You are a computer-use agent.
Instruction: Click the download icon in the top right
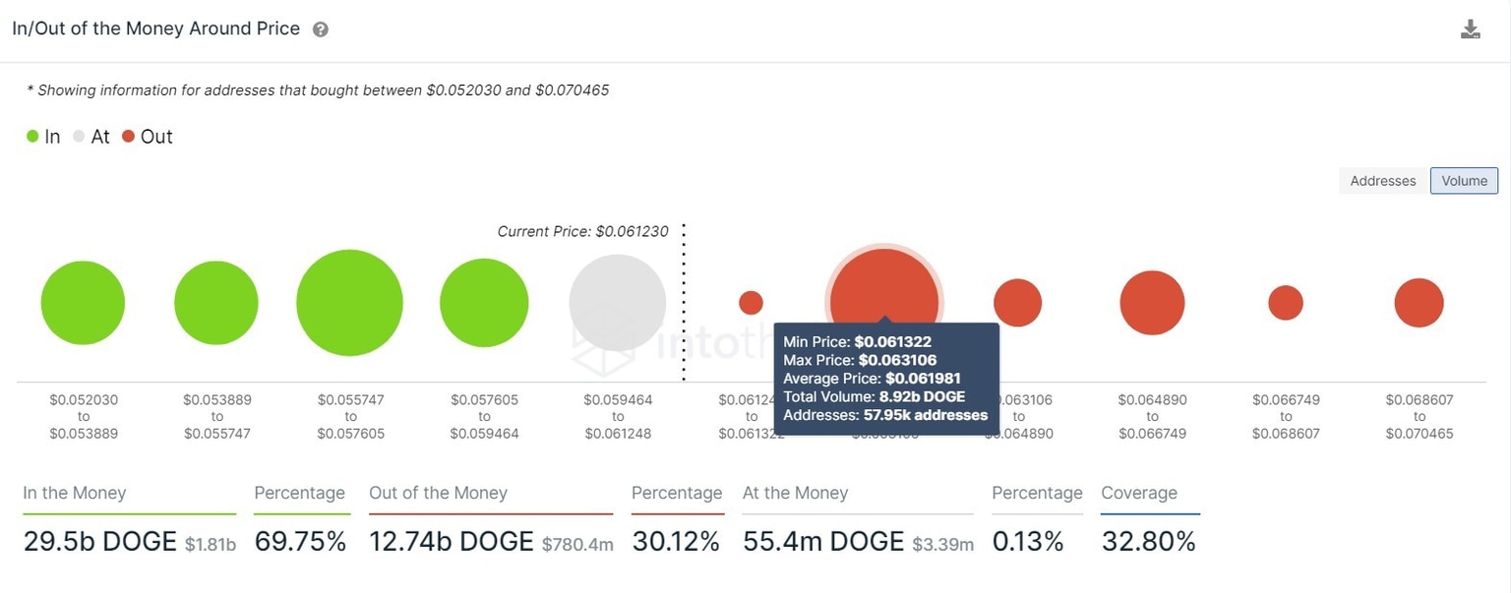(x=1470, y=30)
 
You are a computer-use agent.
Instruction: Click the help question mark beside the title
(x=321, y=30)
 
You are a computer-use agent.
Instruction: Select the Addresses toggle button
(x=1382, y=181)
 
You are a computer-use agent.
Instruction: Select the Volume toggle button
(x=1464, y=181)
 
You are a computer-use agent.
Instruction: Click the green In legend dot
(x=33, y=137)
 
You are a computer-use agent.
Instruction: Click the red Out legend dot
(x=128, y=137)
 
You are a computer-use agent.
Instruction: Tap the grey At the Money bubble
(x=617, y=303)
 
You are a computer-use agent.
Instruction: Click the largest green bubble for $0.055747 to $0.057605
(x=349, y=303)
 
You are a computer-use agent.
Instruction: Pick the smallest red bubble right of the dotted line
(x=751, y=303)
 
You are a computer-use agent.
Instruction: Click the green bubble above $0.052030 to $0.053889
(x=83, y=303)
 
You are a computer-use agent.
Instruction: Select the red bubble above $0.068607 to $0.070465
(x=1419, y=303)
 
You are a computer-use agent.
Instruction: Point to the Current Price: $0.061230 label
(x=582, y=232)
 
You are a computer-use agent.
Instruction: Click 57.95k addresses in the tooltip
(x=924, y=415)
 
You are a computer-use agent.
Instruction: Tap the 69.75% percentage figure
(x=300, y=542)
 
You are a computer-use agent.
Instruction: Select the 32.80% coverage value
(x=1148, y=542)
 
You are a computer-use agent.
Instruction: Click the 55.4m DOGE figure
(x=822, y=542)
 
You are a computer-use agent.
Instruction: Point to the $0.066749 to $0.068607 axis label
(x=1286, y=417)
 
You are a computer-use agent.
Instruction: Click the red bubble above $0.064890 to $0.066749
(x=1152, y=303)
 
